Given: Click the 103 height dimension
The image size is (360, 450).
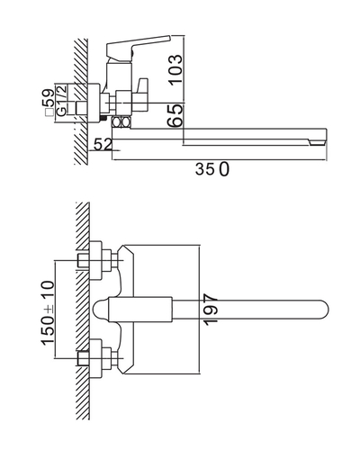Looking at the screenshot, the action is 175,69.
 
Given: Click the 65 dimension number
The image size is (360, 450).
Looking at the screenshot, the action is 175,116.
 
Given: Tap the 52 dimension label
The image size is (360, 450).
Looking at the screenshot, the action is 103,144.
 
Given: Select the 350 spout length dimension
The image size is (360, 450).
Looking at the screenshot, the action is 212,169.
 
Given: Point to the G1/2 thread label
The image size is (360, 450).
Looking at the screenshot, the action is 61,101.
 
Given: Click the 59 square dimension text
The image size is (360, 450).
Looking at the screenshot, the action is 49,98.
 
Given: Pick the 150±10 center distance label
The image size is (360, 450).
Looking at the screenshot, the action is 48,312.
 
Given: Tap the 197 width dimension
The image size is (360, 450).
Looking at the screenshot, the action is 211,310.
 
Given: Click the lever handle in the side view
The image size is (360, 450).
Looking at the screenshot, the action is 139,46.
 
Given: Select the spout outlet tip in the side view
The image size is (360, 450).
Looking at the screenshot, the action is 318,140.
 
